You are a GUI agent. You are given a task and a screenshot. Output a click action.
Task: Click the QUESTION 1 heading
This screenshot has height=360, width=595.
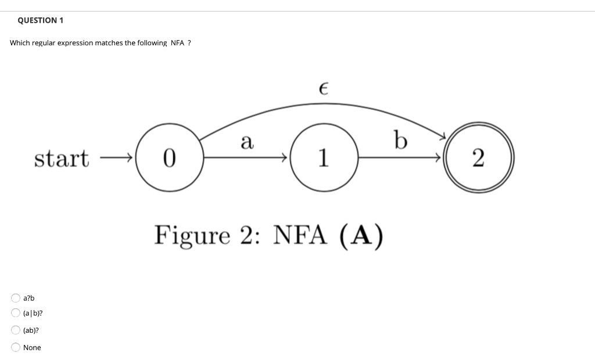pos(40,20)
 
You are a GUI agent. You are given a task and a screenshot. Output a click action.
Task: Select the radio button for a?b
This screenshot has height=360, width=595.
pos(15,298)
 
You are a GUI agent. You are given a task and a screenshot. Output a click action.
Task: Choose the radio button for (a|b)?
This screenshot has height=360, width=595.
pos(15,313)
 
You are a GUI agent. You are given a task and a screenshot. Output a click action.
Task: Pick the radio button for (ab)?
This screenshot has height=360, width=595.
pos(15,330)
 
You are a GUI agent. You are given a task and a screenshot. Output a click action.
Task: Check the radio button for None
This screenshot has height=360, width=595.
pos(15,347)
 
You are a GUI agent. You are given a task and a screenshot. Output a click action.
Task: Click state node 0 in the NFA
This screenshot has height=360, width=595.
pos(169,157)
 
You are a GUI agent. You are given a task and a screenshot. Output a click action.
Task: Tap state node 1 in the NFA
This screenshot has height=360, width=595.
pos(323,157)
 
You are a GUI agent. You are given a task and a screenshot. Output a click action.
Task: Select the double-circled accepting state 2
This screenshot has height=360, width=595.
pos(477,157)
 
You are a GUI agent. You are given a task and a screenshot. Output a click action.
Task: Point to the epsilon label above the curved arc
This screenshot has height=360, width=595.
pos(324,89)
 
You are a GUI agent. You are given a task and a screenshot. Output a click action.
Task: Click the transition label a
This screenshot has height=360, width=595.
pos(247,141)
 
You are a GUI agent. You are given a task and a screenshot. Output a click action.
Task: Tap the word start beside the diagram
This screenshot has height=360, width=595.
pos(62,158)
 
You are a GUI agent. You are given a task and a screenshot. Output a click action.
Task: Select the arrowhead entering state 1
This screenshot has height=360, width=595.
pos(285,157)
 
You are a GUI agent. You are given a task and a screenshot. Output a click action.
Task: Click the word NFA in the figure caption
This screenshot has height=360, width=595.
pos(299,235)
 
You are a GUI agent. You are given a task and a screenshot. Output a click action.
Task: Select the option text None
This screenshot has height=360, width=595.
pos(32,348)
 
